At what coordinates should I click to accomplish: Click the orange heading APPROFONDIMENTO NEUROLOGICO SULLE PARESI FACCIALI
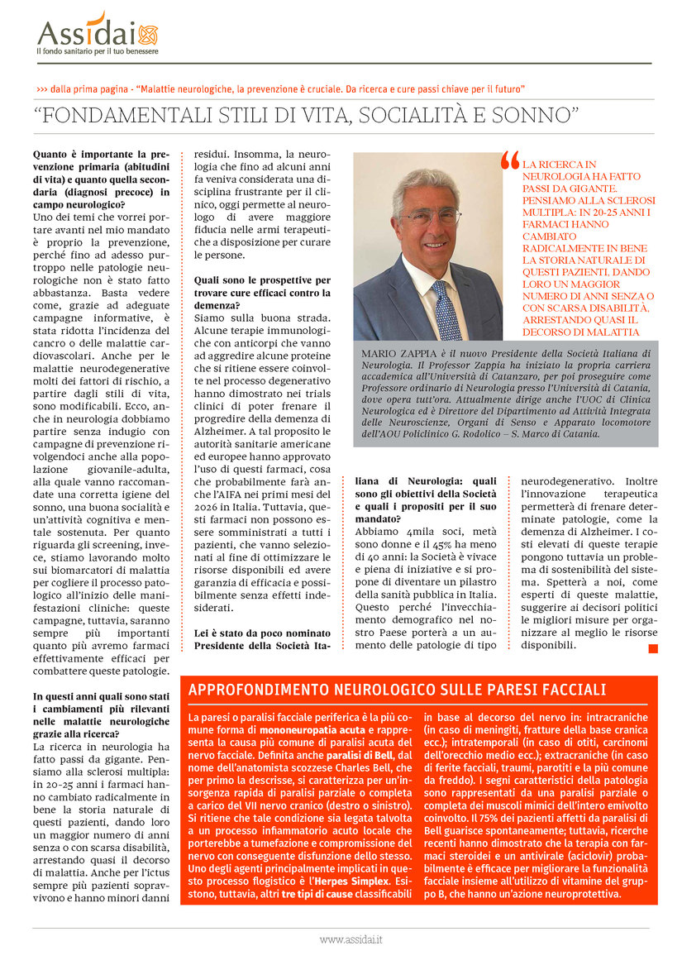(397, 690)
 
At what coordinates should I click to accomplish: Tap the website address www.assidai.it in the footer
(351, 939)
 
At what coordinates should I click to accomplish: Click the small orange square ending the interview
(653, 648)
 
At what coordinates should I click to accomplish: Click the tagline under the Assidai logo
(97, 51)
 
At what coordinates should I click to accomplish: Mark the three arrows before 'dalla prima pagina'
(41, 88)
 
